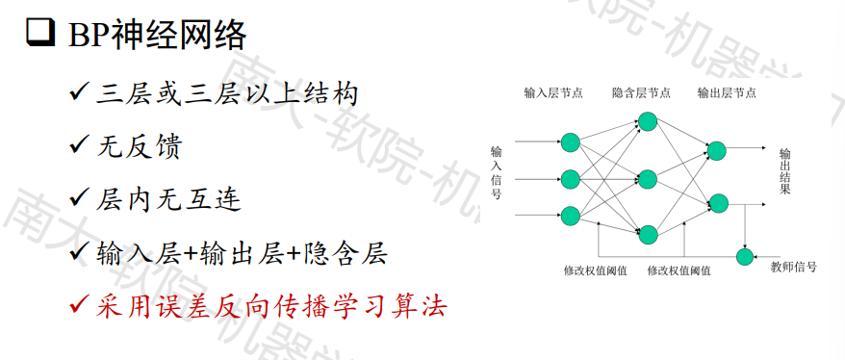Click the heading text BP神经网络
(x=158, y=36)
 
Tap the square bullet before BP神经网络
(x=38, y=36)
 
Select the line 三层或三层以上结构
(x=227, y=94)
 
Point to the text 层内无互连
(x=168, y=200)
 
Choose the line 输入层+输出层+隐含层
(x=241, y=253)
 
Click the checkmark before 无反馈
(x=80, y=147)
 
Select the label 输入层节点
(x=553, y=94)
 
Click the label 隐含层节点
(x=641, y=94)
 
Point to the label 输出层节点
(x=727, y=94)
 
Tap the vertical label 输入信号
(x=497, y=172)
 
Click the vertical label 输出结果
(x=784, y=172)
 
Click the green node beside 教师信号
(x=744, y=256)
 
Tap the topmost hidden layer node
(x=647, y=121)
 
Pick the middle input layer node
(x=570, y=179)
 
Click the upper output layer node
(x=716, y=150)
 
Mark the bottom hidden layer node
(x=647, y=234)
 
